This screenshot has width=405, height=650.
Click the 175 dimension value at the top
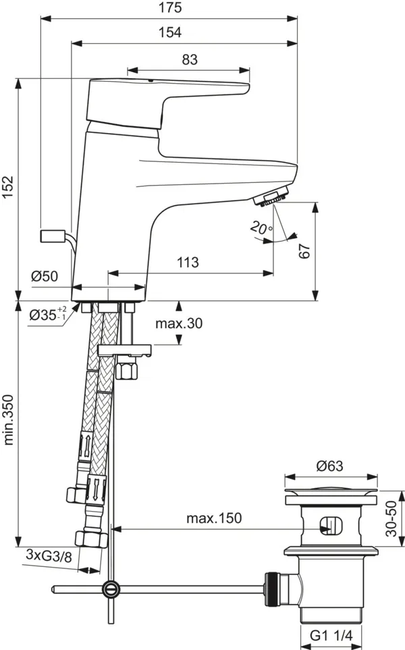[169, 8]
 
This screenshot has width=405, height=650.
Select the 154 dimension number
[169, 32]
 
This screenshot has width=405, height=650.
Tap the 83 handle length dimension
[189, 59]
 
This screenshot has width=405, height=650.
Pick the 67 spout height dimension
[304, 251]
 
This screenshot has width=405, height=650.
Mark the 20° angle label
[259, 229]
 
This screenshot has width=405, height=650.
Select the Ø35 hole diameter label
[49, 314]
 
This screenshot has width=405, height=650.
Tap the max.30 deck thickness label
[179, 323]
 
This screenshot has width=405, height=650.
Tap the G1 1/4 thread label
[330, 634]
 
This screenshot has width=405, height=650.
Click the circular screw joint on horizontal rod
[111, 589]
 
